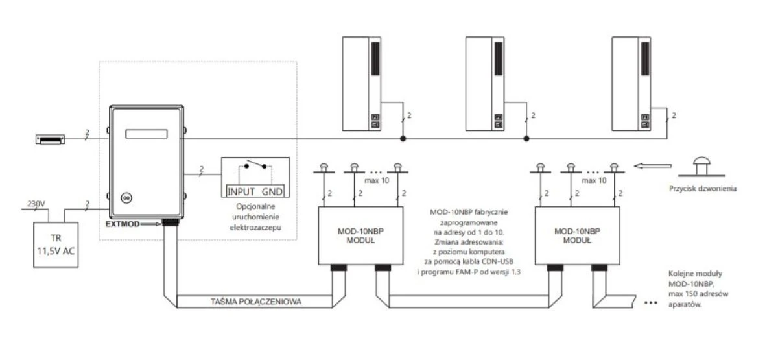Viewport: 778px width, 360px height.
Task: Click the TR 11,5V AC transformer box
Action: [56, 245]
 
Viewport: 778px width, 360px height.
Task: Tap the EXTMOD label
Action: [123, 224]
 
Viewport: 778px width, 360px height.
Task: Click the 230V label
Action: [36, 204]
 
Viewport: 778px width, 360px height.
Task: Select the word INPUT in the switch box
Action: [241, 191]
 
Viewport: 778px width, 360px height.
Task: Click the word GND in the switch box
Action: [272, 191]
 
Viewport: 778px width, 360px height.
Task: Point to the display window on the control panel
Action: [147, 134]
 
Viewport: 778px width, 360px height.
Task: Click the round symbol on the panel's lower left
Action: [126, 198]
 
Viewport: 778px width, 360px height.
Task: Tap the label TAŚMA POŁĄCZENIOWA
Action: [256, 302]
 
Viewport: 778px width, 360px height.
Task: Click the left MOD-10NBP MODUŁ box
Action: [361, 235]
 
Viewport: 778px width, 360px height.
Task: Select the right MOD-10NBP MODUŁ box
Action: [577, 235]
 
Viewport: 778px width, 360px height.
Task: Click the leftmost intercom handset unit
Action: [362, 84]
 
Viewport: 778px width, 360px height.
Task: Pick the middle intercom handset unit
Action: [485, 84]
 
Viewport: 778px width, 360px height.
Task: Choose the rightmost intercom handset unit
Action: [631, 84]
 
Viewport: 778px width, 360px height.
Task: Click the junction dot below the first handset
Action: [403, 139]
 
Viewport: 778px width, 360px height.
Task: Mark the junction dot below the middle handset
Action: [526, 139]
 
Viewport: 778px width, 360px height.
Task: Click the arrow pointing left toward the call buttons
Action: [653, 166]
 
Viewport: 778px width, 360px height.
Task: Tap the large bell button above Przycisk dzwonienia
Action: [701, 167]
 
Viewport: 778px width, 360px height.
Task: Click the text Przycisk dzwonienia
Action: [703, 188]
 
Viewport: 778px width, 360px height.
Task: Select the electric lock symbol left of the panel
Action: [50, 139]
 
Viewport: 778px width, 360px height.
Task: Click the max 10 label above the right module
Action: [594, 180]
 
